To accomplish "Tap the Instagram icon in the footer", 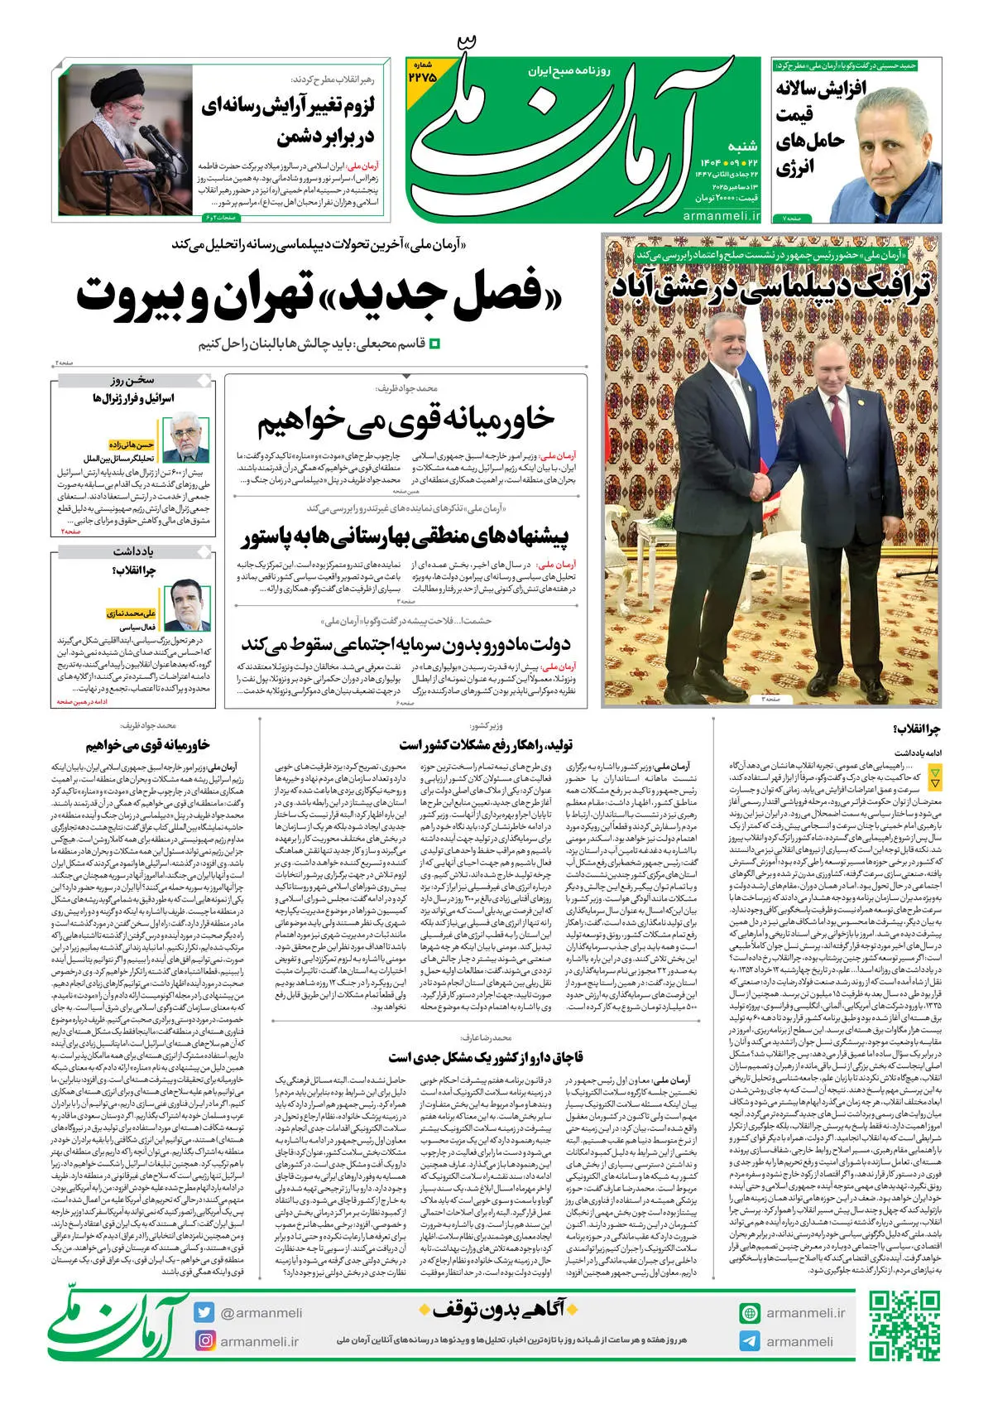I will tap(205, 1340).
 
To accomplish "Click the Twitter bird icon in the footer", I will tap(205, 1312).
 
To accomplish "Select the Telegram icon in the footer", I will tap(750, 1341).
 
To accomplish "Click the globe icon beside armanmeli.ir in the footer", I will tap(750, 1313).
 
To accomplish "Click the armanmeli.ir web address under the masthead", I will tap(722, 216).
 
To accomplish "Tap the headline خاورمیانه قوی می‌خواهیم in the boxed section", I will tap(405, 421).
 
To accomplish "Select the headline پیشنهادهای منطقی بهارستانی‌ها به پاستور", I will tap(405, 537).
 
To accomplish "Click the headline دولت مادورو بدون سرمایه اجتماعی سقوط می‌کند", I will tap(405, 643).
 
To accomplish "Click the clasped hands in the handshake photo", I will tap(769, 483).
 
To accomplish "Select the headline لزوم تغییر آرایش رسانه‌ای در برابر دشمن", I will tap(288, 121).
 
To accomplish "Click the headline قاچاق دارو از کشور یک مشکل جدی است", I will tap(486, 1057).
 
